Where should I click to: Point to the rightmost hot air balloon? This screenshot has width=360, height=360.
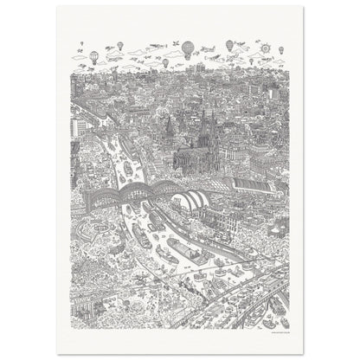click(229, 44)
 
